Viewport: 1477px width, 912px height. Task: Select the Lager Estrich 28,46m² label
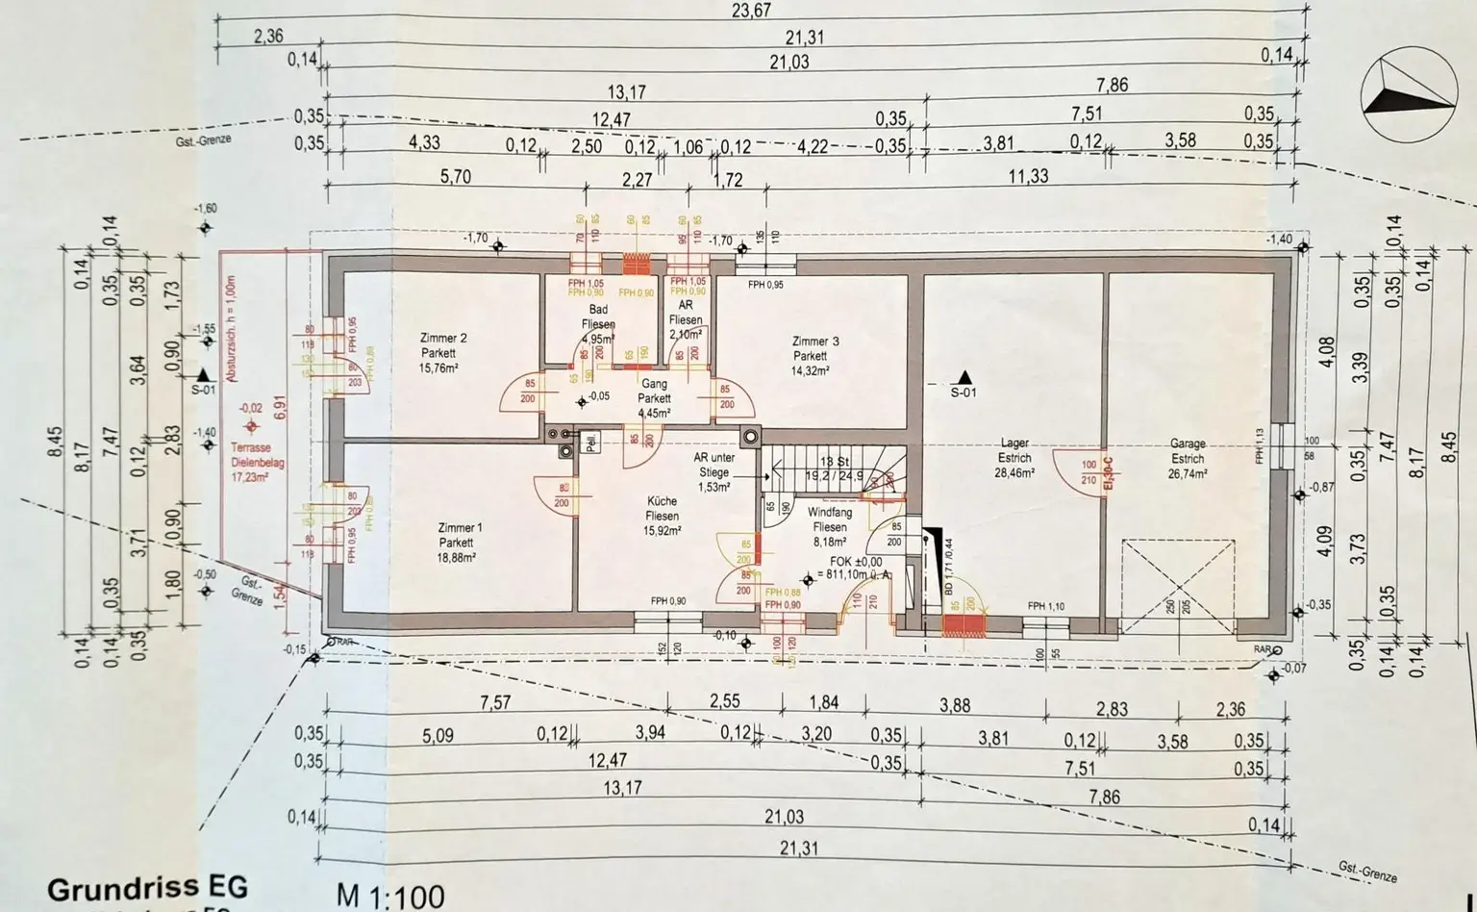coord(1014,459)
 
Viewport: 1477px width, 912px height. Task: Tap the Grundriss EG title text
coord(147,887)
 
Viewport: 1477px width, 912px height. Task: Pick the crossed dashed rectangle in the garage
coord(1178,587)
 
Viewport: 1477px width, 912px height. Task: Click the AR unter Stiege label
coord(713,472)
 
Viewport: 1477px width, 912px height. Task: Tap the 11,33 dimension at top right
coord(1028,176)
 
